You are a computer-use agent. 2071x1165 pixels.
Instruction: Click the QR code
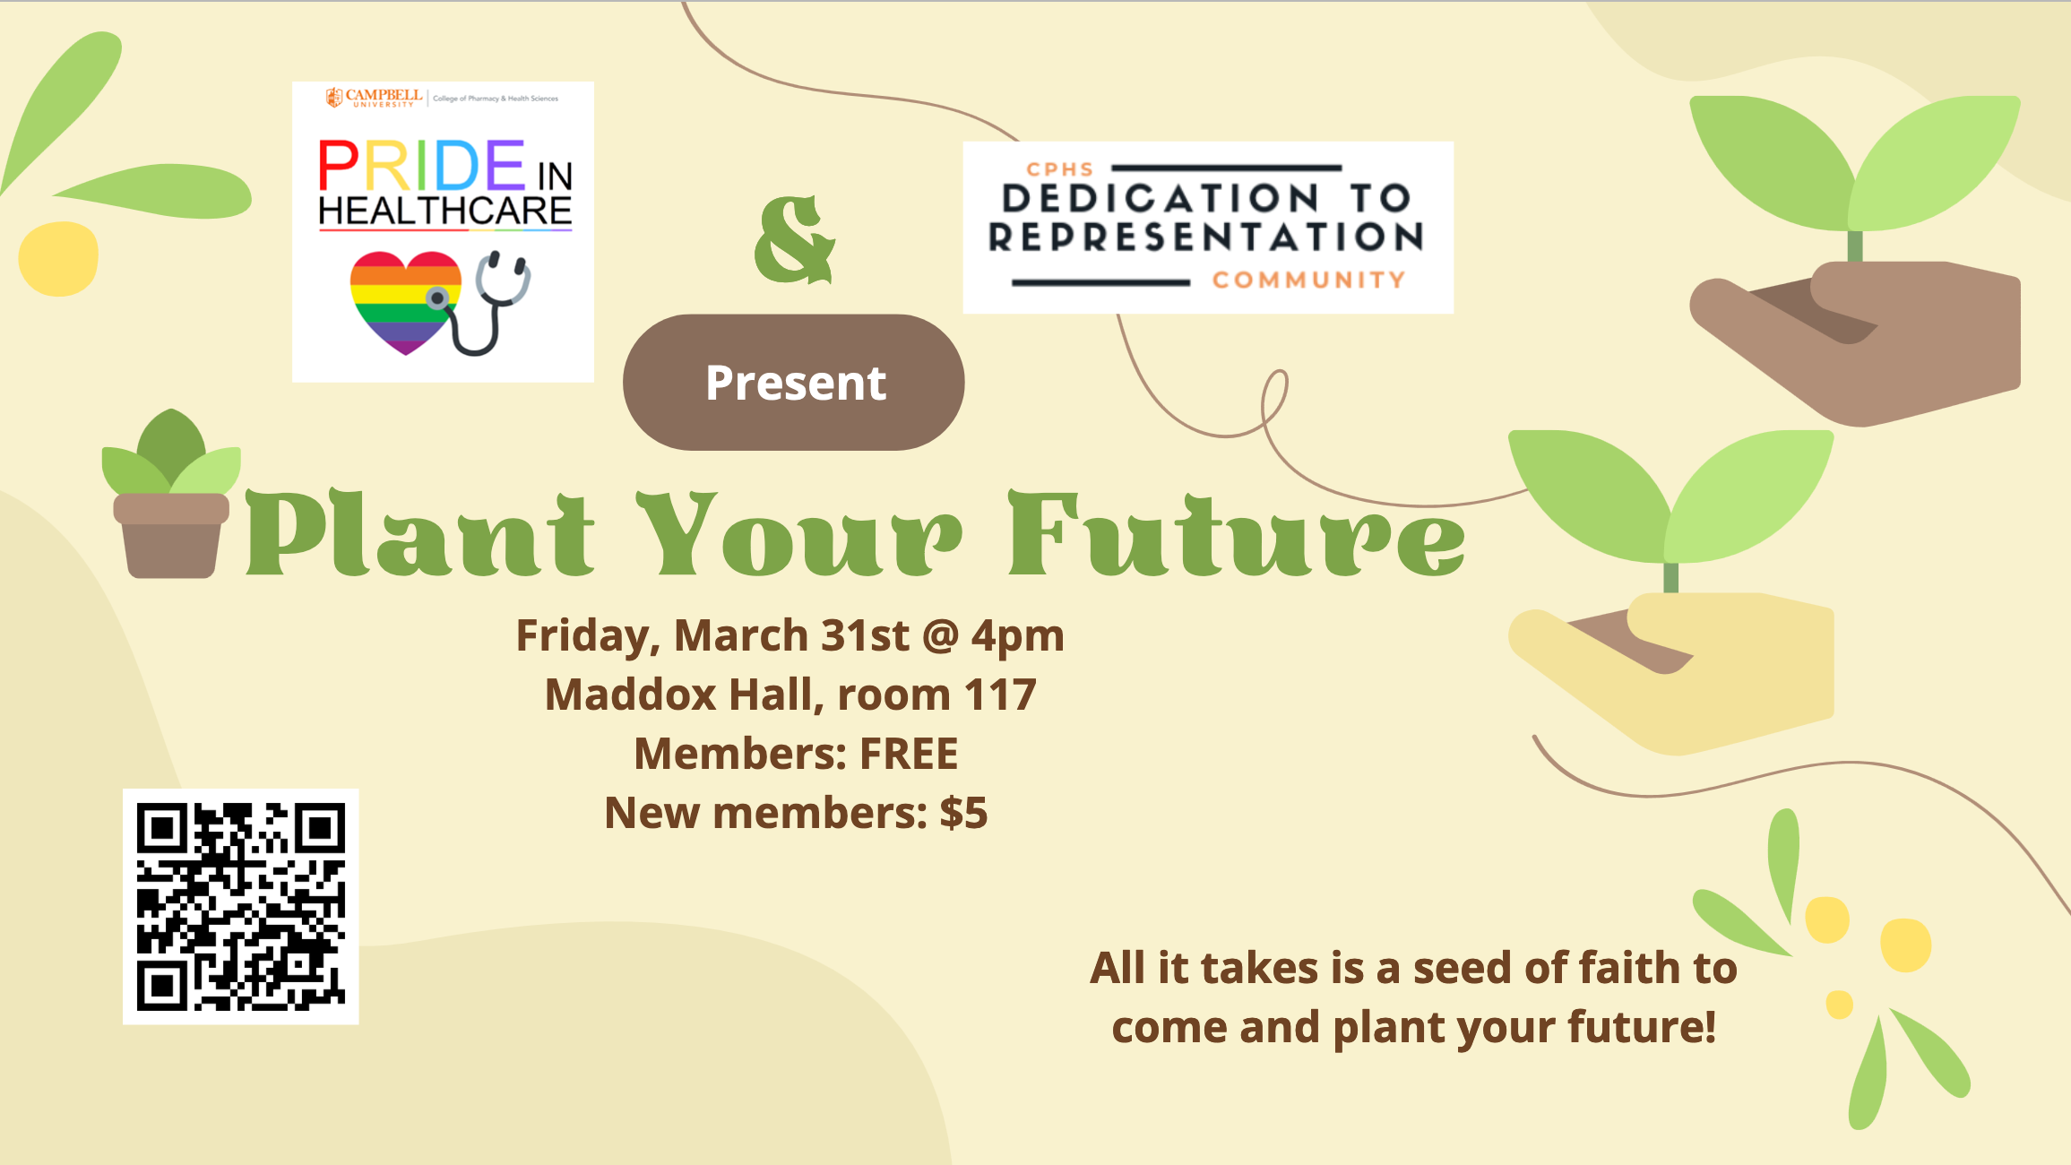(240, 906)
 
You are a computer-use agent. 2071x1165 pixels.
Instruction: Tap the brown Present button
(793, 382)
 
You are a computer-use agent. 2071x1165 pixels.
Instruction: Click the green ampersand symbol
(794, 239)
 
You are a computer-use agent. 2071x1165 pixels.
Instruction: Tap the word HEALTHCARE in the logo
(444, 211)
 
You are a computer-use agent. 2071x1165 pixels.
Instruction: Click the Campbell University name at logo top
(375, 98)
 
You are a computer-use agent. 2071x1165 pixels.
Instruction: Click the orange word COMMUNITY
(1308, 280)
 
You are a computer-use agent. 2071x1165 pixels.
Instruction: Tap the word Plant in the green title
(419, 533)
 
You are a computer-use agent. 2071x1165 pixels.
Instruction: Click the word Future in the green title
(1237, 533)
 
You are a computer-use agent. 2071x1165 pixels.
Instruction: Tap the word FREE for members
(909, 754)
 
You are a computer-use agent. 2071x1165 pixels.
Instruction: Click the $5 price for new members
(963, 813)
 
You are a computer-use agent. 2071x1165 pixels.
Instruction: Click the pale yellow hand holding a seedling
(1672, 673)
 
